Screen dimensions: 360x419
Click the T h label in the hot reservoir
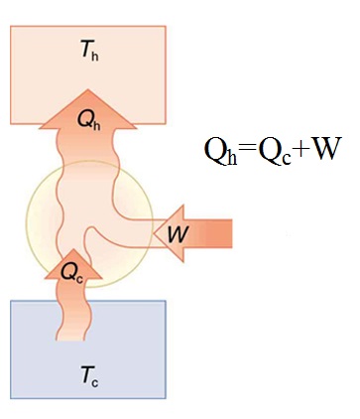pos(89,52)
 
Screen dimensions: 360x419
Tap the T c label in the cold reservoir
pos(89,377)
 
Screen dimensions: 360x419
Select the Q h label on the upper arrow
pos(88,120)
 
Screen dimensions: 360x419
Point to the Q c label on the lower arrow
pos(72,273)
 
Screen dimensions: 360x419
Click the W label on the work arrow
pos(178,234)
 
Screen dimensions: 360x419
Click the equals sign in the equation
pos(248,148)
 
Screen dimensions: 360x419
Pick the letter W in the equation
pos(324,148)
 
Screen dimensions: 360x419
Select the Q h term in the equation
pos(221,151)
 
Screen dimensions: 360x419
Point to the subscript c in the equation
pos(287,159)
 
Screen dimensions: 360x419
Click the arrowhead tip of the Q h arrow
pos(87,89)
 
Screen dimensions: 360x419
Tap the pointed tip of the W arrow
pos(154,233)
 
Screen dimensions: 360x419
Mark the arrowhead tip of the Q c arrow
pos(73,249)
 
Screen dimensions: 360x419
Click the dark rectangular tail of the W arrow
pos(218,233)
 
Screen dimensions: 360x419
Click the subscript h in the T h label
pos(95,57)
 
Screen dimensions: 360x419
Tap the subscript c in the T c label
pos(94,383)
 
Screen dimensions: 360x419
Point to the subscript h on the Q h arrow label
pos(96,125)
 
